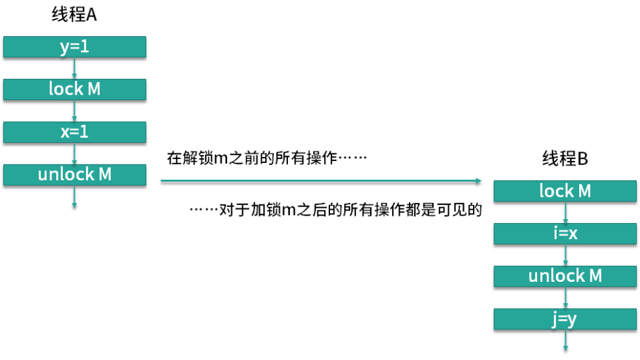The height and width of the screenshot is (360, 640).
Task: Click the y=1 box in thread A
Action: point(74,47)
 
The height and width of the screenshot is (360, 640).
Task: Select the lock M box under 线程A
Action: point(74,89)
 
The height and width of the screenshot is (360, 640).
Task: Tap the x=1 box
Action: point(74,132)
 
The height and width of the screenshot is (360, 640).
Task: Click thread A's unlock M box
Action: point(74,175)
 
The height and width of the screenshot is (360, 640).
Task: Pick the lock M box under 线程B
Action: point(565,191)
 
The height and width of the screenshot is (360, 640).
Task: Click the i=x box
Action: point(565,234)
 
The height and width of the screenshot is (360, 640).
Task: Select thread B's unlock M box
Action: point(565,277)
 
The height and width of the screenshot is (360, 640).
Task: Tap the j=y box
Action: point(565,319)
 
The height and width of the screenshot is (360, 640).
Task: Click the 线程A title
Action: point(74,15)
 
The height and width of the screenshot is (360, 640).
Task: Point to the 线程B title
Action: point(565,159)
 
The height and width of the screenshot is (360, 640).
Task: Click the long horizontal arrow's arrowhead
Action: point(477,181)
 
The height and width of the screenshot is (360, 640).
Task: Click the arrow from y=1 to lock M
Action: point(74,68)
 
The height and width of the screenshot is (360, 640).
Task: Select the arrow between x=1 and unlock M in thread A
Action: point(74,154)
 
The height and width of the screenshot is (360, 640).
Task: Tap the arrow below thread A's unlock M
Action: point(74,198)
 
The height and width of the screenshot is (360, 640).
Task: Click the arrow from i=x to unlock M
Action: point(565,255)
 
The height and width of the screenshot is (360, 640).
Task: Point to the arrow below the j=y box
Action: point(565,341)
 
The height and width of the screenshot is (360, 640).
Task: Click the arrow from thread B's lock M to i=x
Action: point(565,212)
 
